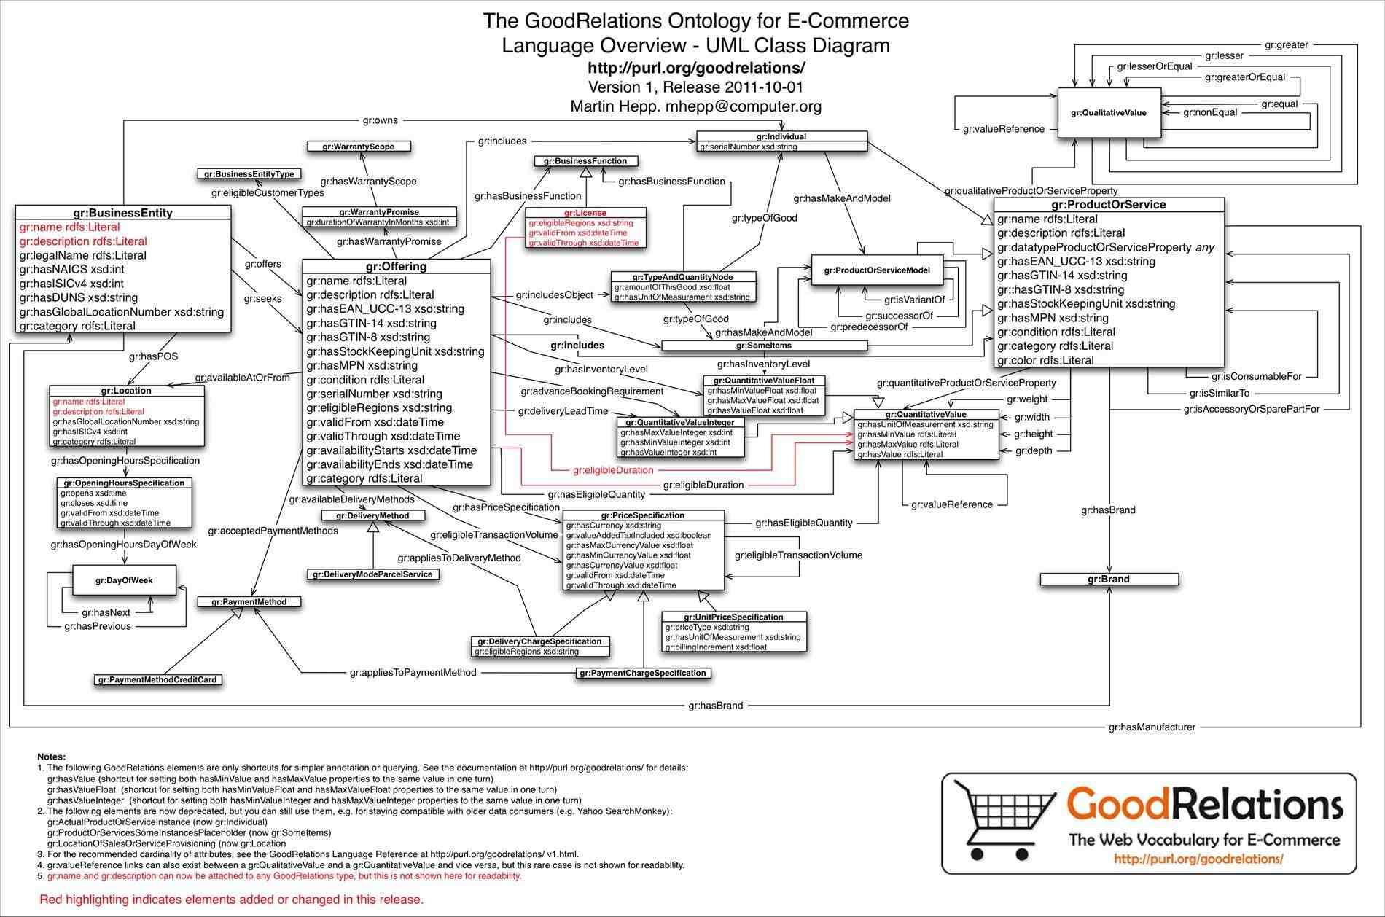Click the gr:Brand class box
pos(1109,580)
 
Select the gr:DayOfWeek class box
pos(124,580)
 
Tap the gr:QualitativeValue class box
pos(1109,113)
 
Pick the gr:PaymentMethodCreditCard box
pos(158,679)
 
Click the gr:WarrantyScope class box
pos(359,147)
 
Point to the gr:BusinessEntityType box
pos(249,174)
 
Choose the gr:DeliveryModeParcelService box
pos(372,574)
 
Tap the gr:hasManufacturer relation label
pos(1152,727)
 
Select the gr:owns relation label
pos(381,120)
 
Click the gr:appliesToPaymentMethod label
pos(413,672)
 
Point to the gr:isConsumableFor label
pos(1257,376)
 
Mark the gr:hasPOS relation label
pos(153,356)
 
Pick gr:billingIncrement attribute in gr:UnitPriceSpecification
pos(716,647)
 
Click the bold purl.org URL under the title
pos(696,68)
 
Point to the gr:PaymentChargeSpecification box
pos(642,673)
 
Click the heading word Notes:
pos(52,757)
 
